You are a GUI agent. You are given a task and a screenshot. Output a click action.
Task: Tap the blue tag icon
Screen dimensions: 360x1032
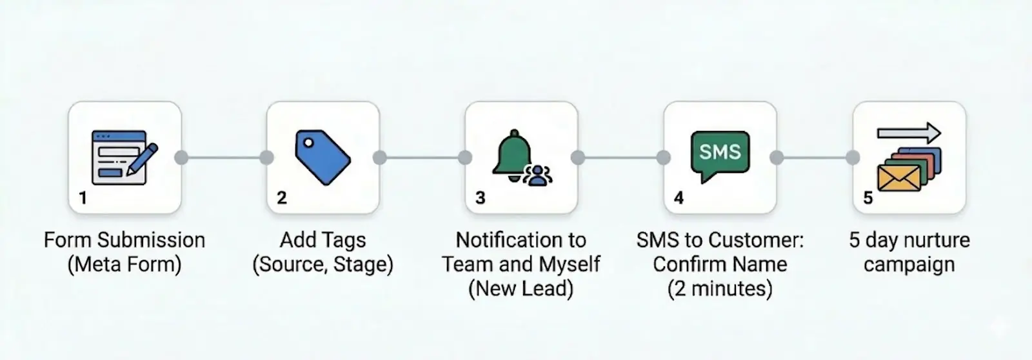tap(322, 157)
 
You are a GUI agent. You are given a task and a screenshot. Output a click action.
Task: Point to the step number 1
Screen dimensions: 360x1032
tap(83, 197)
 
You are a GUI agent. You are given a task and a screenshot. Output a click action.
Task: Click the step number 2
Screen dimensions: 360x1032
tap(281, 197)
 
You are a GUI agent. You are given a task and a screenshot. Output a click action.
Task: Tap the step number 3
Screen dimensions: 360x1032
tap(480, 197)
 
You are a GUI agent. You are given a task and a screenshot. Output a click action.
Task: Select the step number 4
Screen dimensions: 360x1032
tap(679, 197)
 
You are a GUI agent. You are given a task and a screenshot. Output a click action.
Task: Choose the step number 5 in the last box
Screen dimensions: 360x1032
tap(868, 197)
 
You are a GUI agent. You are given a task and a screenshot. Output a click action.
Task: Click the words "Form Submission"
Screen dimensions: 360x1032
tap(124, 240)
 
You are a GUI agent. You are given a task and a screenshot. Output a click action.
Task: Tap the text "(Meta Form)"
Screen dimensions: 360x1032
tap(124, 265)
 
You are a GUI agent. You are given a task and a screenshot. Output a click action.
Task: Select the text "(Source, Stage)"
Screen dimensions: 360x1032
tap(322, 265)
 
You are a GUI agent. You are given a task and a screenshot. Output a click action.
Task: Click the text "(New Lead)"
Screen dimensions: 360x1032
tap(521, 288)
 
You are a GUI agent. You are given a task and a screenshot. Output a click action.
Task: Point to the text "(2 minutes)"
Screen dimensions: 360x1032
tap(720, 288)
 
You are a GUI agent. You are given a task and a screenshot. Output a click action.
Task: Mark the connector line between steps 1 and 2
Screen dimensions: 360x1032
tap(224, 157)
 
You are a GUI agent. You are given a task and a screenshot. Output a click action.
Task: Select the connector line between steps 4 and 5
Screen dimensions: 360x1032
tap(815, 157)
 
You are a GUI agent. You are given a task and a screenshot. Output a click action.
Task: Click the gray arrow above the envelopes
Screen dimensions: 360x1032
tap(909, 134)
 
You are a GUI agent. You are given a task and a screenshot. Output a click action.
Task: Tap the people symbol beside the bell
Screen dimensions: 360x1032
tap(537, 175)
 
